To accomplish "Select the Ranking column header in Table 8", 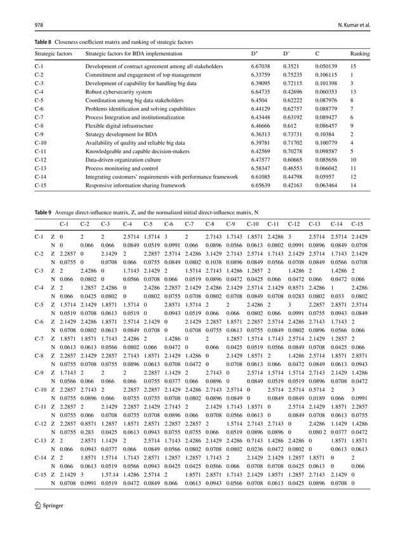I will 361,53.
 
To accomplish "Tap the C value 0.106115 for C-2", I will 327,75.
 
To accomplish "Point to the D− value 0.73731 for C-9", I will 293,135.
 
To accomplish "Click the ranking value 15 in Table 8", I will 353,66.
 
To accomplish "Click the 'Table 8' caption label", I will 44,41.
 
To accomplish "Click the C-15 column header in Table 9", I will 356,224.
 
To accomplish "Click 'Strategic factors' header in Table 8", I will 53,53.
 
